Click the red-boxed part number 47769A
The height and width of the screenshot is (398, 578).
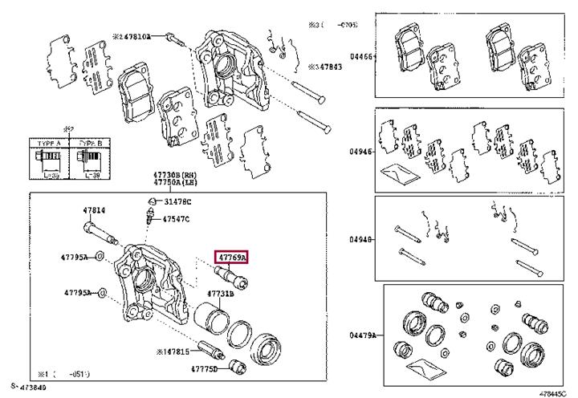pyautogui.click(x=231, y=258)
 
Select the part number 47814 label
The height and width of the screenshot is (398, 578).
pyautogui.click(x=94, y=211)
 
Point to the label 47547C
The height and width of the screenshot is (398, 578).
pyautogui.click(x=176, y=218)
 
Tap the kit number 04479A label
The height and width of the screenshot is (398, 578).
pyautogui.click(x=362, y=335)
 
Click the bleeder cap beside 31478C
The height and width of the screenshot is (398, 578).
pyautogui.click(x=151, y=201)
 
